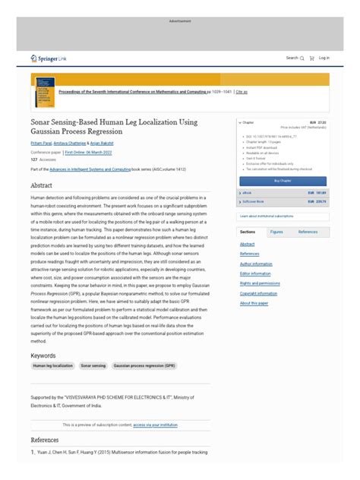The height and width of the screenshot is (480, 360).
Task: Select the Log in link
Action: pyautogui.click(x=324, y=58)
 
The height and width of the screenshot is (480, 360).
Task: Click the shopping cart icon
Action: pyautogui.click(x=311, y=58)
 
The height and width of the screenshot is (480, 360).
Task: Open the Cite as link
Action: pyautogui.click(x=242, y=92)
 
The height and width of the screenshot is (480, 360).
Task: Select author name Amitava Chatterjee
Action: pyautogui.click(x=77, y=143)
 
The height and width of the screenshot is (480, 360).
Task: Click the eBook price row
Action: pyautogui.click(x=283, y=194)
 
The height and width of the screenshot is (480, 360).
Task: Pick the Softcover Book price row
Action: pyautogui.click(x=283, y=202)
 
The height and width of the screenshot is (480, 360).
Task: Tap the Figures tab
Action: pyautogui.click(x=276, y=232)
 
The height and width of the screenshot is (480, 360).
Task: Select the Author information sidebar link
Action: pyautogui.click(x=256, y=264)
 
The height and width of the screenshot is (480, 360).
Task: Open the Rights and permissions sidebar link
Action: pyautogui.click(x=259, y=283)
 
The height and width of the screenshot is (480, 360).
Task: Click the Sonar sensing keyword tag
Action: pyautogui.click(x=93, y=365)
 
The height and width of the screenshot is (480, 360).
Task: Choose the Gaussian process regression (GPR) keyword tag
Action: pyautogui.click(x=144, y=365)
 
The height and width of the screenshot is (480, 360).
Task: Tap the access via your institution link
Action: pyautogui.click(x=156, y=425)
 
